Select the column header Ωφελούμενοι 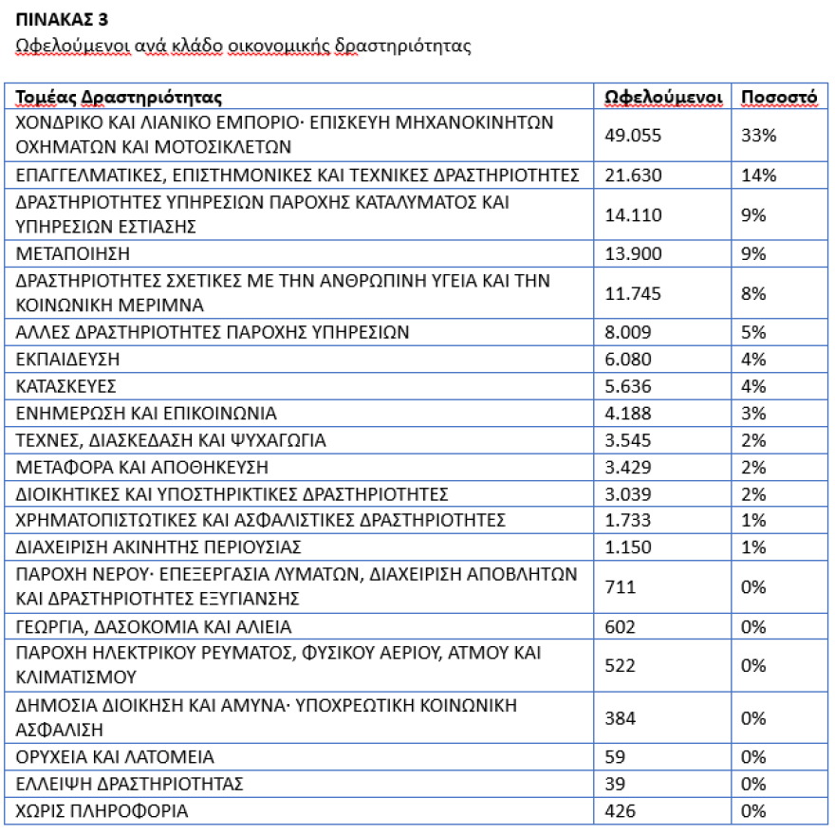tap(664, 98)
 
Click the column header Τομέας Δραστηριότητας tap(119, 98)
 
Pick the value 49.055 tap(633, 136)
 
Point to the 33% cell tap(760, 136)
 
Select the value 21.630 tap(633, 175)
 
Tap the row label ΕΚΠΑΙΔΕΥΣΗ tap(68, 360)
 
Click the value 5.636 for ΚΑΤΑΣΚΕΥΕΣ tap(628, 386)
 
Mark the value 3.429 tap(628, 467)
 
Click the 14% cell tap(760, 175)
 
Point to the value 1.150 tap(628, 547)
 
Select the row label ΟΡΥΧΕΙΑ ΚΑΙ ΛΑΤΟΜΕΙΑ tap(116, 757)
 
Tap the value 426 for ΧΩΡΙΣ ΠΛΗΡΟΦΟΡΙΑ tap(621, 811)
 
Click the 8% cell tap(754, 294)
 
